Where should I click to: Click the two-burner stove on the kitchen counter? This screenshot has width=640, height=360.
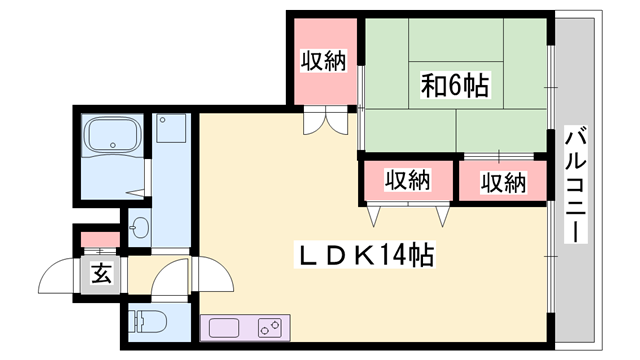(271, 327)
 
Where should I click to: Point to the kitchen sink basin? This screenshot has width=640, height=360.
(222, 327)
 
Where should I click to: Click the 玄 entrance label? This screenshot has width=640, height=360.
(101, 272)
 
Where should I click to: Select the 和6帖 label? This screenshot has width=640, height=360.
(455, 86)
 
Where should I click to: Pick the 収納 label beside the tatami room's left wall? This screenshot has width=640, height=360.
(324, 62)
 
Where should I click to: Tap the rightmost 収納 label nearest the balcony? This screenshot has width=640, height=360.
(502, 182)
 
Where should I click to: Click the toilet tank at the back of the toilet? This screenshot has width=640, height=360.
(135, 322)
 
